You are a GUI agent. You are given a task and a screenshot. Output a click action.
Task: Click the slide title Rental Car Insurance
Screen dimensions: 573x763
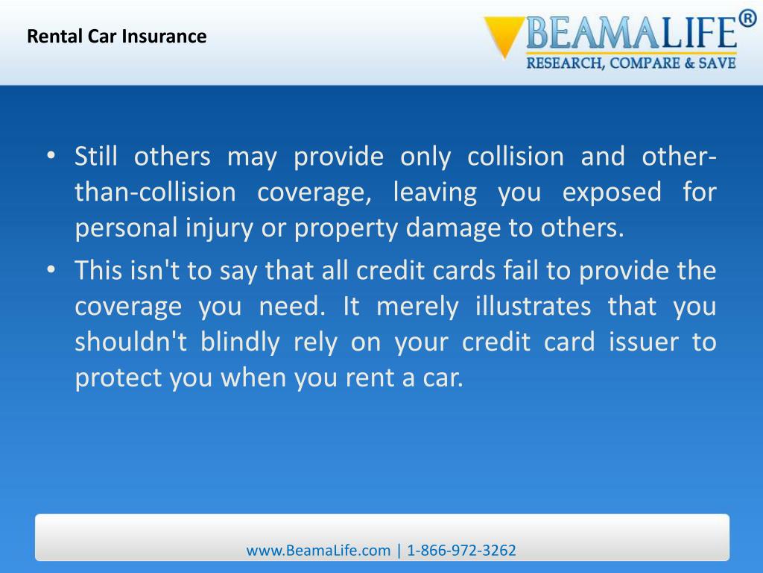click(x=117, y=37)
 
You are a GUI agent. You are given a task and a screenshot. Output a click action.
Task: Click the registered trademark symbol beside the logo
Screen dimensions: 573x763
click(x=747, y=20)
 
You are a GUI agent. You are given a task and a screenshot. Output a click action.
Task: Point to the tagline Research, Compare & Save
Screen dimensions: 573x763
click(x=631, y=63)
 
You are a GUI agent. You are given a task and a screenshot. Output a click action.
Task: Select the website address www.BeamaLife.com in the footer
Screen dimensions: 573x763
click(x=318, y=551)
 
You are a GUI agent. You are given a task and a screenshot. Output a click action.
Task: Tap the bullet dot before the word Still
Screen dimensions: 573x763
click(x=50, y=157)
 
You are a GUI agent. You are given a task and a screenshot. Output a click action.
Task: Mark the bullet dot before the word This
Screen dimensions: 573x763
click(x=50, y=271)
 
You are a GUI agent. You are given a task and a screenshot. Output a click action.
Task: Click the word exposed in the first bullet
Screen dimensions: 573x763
click(x=611, y=192)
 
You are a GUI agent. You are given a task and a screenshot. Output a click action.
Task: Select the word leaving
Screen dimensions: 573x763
click(x=434, y=192)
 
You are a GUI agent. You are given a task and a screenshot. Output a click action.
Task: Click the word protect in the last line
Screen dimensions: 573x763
click(x=118, y=378)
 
